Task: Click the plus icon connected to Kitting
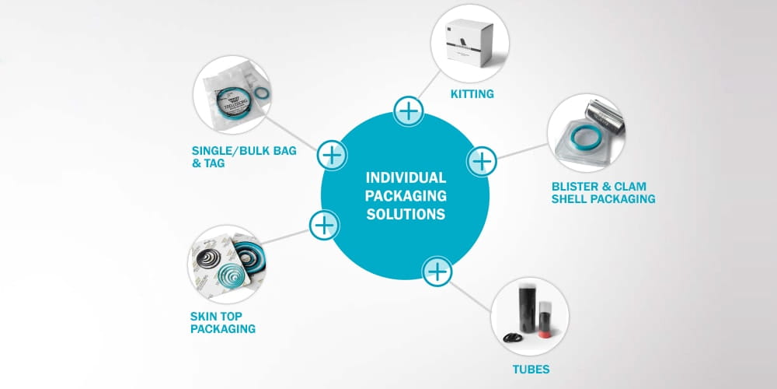[x=408, y=111]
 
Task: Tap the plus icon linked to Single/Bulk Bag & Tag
[x=332, y=155]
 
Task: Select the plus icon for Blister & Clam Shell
[x=482, y=161]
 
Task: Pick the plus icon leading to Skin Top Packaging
[x=323, y=226]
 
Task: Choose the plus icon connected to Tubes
[x=437, y=272]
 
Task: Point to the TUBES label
[x=530, y=368]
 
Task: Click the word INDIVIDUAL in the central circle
[x=406, y=178]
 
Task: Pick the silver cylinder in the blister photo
[x=605, y=115]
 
